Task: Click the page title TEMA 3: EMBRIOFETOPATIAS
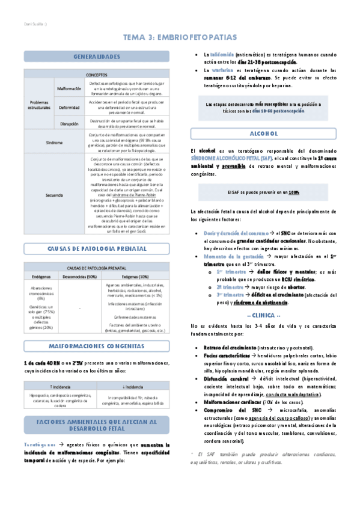[180, 38]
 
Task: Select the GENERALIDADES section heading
[97, 57]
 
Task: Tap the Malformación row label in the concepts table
[69, 88]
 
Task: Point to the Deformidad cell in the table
[69, 107]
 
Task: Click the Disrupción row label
[69, 123]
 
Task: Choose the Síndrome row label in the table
[54, 142]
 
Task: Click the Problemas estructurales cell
[40, 105]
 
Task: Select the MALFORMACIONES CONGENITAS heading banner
[97, 346]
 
